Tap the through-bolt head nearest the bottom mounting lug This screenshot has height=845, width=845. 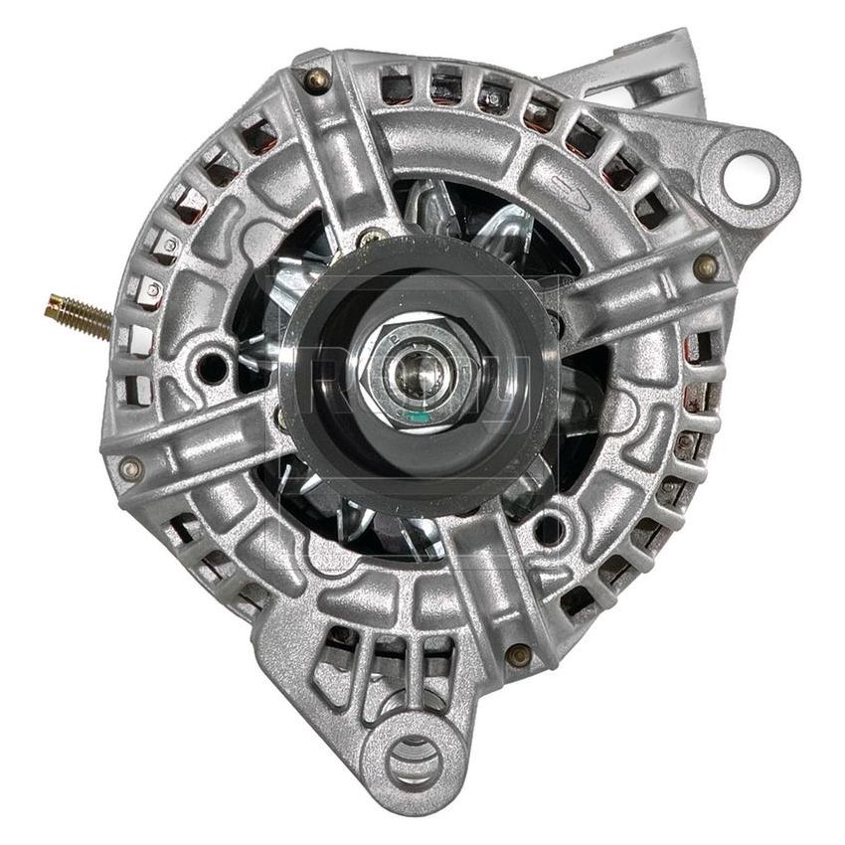click(x=516, y=654)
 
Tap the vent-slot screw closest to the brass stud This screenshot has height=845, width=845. click(x=152, y=289)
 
